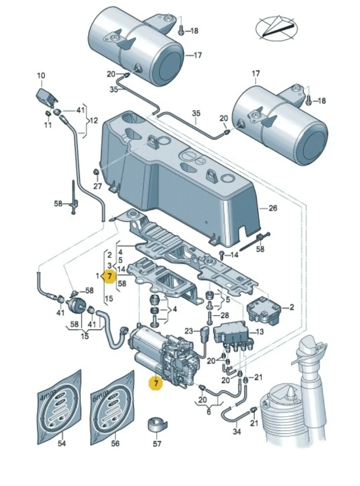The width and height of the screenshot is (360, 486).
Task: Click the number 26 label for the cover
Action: tap(273, 208)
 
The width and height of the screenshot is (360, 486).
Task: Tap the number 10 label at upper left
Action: tap(41, 75)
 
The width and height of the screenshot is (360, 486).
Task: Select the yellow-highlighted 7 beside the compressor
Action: tap(156, 382)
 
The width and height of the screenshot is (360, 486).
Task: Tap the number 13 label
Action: tap(260, 332)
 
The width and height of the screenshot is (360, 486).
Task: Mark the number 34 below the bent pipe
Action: tap(236, 432)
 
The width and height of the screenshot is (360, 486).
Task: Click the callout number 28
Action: tap(225, 315)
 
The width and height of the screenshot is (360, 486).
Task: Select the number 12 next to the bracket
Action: tap(94, 120)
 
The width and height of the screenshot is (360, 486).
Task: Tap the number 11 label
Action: tap(48, 125)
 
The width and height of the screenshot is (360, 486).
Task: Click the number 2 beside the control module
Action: tap(292, 308)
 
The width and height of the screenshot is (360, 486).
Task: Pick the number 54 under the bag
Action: tap(61, 443)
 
